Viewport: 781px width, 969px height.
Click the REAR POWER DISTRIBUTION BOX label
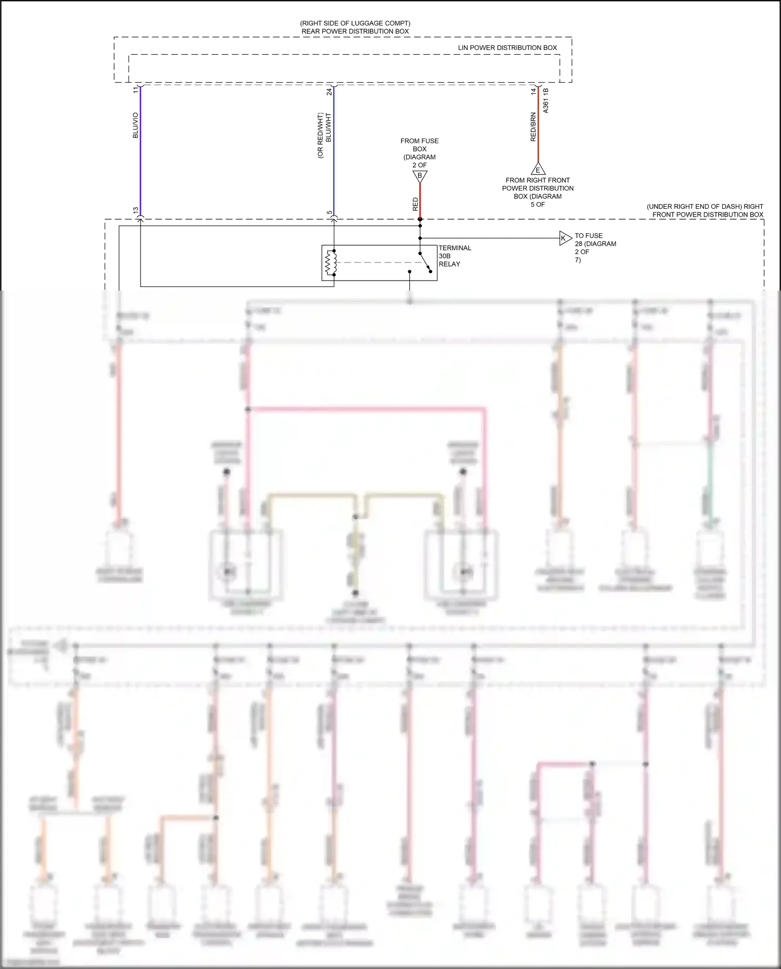(355, 31)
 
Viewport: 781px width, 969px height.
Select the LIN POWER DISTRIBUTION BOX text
(507, 47)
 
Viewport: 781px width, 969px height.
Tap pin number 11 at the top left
(136, 90)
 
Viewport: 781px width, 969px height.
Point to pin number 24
(329, 92)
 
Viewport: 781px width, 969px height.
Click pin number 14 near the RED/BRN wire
(533, 91)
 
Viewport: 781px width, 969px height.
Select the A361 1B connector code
(546, 100)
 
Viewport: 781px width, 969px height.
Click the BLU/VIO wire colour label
(136, 125)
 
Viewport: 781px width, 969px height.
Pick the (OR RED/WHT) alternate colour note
(320, 135)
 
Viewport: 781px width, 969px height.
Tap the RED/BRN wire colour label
(533, 127)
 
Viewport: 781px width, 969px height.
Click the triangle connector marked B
(420, 177)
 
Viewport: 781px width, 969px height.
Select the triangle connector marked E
(538, 169)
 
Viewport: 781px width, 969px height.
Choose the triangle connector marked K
(565, 238)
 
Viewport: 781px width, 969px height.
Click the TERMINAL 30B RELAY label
(454, 256)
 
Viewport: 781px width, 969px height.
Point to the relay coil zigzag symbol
(329, 263)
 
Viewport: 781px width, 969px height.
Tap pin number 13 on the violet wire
(136, 210)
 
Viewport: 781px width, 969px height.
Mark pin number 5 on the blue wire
(329, 212)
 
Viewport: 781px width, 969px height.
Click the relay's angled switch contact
(425, 262)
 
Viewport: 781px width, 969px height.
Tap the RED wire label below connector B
(415, 204)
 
